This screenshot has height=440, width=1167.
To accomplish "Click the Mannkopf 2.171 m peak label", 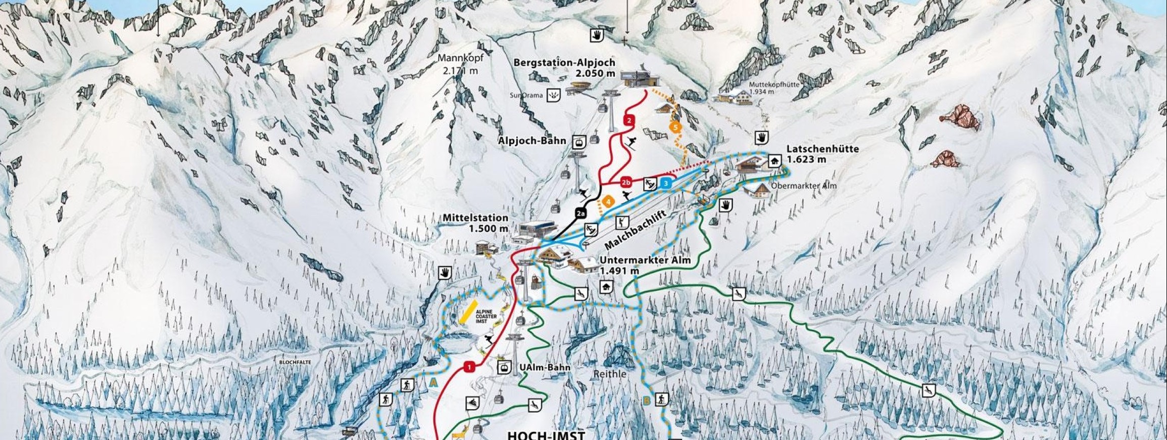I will (x=460, y=64).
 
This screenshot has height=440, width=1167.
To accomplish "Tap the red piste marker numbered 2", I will (x=628, y=120).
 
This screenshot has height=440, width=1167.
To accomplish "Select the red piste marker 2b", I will (x=626, y=182).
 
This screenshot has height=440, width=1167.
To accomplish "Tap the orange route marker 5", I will (x=674, y=127).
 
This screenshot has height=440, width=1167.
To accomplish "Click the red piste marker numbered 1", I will (x=470, y=367).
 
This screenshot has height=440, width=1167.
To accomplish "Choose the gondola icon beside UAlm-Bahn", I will (x=504, y=368).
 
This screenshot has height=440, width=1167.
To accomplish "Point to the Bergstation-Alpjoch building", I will (x=640, y=78).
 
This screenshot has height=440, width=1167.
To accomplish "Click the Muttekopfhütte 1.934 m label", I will (x=774, y=88).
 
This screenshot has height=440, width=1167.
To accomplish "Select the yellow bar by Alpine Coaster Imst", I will (x=469, y=312).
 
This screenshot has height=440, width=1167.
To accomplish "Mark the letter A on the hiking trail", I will (x=432, y=383).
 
